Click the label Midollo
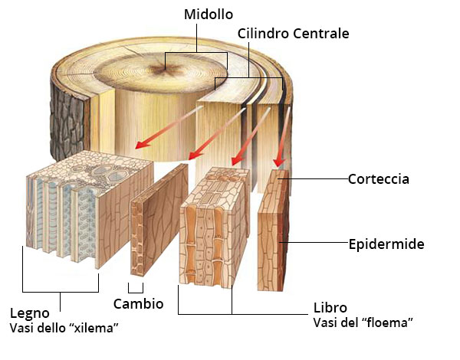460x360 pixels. point(209,15)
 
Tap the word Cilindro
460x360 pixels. point(263,34)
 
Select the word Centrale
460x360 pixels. point(321,34)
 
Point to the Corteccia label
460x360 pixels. point(379,178)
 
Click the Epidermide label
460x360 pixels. point(386,244)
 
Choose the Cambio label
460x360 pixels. point(138,304)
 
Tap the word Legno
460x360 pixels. point(30,314)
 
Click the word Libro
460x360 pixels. point(330,308)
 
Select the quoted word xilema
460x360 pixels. point(95,328)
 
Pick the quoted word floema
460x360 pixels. point(388,322)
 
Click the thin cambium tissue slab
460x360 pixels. point(159,221)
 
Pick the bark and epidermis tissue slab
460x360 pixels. point(273,230)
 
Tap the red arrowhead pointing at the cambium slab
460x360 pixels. point(195,155)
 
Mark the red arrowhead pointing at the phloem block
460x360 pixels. point(237,160)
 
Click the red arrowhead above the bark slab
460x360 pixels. point(279,162)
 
